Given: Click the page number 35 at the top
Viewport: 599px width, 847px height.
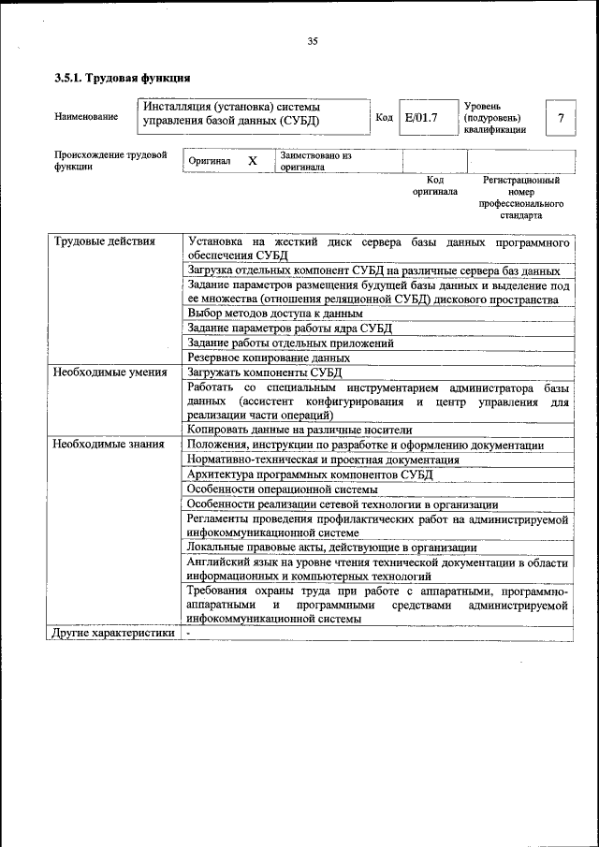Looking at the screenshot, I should point(313,40).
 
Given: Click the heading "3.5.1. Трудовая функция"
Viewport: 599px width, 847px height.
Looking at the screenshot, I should point(123,78).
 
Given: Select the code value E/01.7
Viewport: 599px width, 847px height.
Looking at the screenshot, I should point(421,118).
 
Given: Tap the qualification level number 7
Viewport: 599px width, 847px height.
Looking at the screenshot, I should point(561,118).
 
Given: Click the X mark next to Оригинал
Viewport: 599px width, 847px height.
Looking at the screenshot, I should point(252,161).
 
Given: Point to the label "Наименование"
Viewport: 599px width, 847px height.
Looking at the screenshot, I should point(86,117).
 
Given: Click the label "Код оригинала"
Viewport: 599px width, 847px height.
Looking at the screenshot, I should point(435,185).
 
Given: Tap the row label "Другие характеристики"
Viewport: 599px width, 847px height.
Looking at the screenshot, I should point(113,634).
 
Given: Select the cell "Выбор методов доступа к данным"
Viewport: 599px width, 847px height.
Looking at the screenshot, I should point(274,314).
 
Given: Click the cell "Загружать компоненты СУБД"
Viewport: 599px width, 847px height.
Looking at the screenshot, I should point(265,372).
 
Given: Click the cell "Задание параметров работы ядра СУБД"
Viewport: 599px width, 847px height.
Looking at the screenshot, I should point(289,329).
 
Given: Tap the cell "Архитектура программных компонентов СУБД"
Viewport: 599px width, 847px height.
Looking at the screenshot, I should point(310,475).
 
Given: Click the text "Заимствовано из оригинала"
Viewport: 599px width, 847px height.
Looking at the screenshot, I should point(314,161).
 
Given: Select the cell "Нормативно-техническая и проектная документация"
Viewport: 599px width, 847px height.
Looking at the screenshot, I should point(323,460).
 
